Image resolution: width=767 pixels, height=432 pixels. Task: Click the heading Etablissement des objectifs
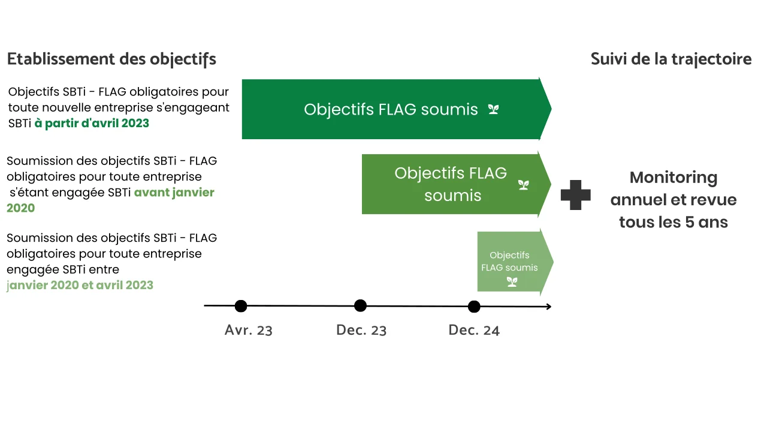pos(111,59)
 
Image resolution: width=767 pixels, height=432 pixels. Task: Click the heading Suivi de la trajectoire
pos(671,59)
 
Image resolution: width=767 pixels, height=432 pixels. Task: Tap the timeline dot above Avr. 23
pos(241,306)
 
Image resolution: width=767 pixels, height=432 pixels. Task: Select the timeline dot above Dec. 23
pos(360,305)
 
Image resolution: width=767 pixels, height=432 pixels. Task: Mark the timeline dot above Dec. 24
pos(474,307)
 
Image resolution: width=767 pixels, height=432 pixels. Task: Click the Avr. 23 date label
pos(249,330)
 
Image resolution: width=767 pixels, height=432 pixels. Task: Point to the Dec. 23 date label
pos(361,330)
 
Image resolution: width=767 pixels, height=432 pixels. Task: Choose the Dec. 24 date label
pos(474,330)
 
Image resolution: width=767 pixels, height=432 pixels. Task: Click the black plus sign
pos(576,195)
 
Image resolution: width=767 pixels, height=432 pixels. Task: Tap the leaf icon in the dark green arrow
pos(493,109)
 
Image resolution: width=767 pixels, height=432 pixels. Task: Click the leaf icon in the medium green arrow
pos(524,185)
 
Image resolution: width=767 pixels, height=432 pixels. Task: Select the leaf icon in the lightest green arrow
pos(512,282)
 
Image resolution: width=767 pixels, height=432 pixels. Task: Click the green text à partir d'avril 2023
pos(92,124)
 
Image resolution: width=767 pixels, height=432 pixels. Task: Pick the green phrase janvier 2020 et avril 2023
pos(80,285)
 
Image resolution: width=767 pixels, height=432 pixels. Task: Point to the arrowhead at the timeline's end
pos(549,307)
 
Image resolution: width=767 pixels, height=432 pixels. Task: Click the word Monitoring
pos(673,178)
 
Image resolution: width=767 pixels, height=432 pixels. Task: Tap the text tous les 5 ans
pos(673,222)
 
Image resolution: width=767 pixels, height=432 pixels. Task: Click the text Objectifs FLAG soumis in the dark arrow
pos(391,110)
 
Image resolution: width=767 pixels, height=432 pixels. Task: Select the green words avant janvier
pos(174,193)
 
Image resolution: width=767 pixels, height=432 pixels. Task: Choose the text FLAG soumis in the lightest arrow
pos(509,268)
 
